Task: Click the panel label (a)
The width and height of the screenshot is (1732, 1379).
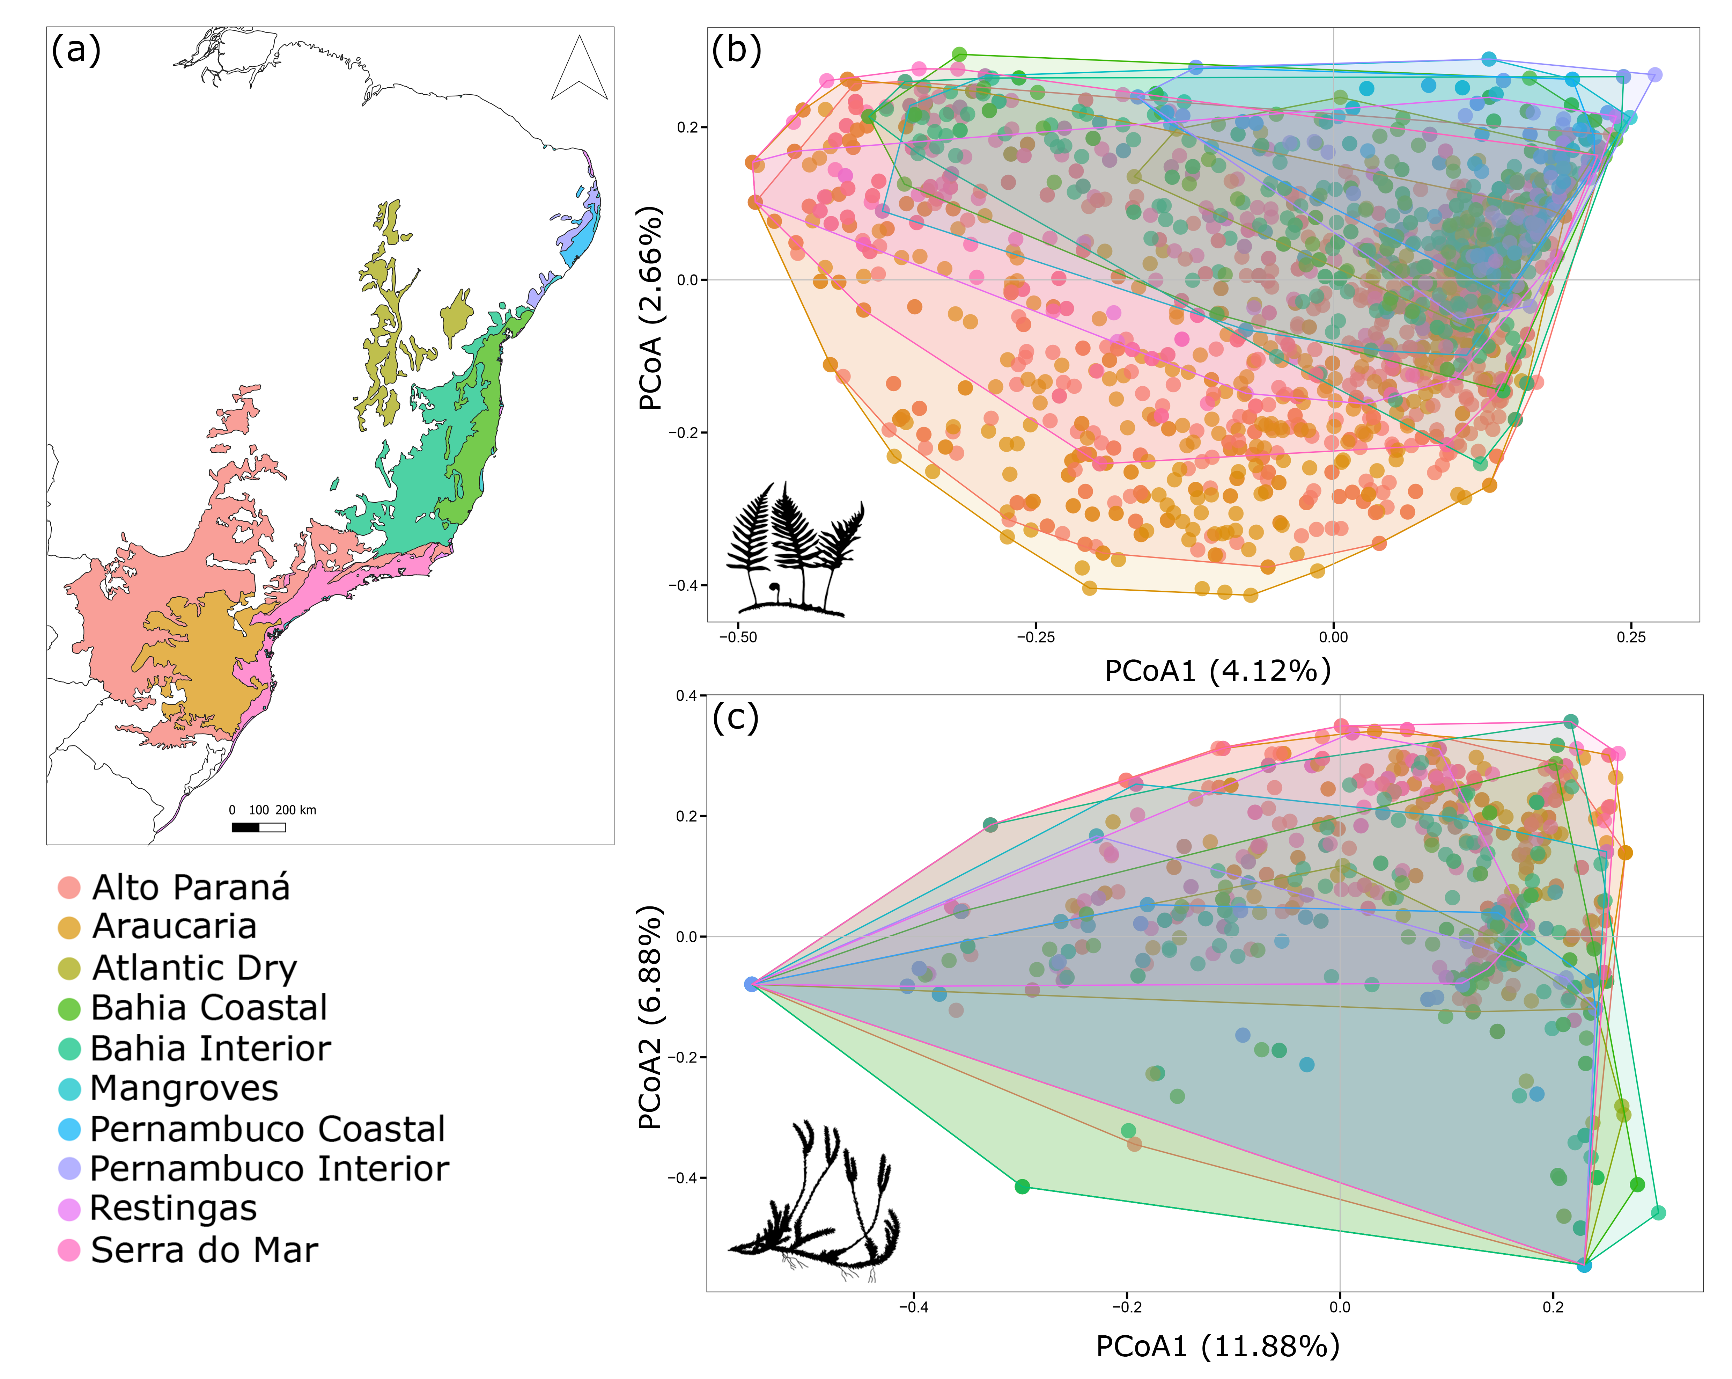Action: pyautogui.click(x=76, y=50)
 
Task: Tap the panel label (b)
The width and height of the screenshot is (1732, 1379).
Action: pyautogui.click(x=736, y=50)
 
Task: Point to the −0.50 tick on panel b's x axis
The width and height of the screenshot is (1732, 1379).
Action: pyautogui.click(x=737, y=637)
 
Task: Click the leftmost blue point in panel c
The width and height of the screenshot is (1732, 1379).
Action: pyautogui.click(x=751, y=984)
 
